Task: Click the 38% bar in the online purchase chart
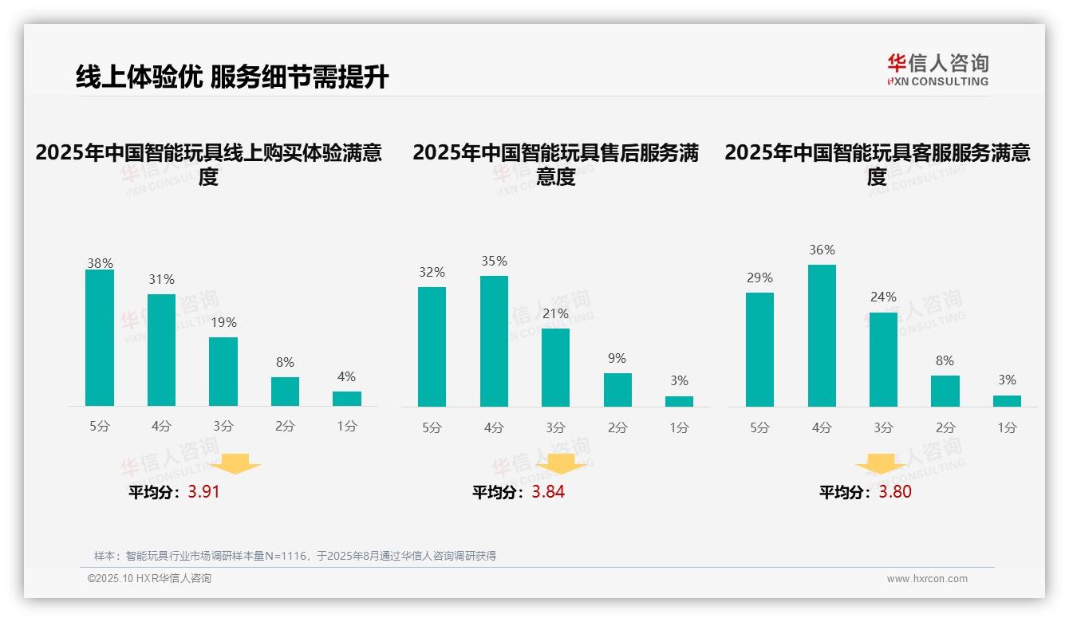[x=100, y=338]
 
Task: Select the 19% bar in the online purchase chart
[x=223, y=372]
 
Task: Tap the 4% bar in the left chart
[x=347, y=399]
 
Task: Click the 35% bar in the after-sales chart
[x=494, y=341]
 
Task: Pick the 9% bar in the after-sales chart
[x=617, y=390]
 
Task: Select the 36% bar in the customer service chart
[x=822, y=336]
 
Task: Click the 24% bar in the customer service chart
[x=883, y=360]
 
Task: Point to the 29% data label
[x=759, y=278]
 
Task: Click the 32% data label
[x=432, y=273]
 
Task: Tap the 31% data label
[x=161, y=280]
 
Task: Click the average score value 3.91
[x=203, y=492]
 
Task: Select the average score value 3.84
[x=548, y=492]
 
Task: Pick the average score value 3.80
[x=895, y=492]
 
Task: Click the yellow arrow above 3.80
[x=881, y=465]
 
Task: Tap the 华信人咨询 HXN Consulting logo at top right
[x=937, y=70]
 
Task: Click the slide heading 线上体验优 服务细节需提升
[x=232, y=77]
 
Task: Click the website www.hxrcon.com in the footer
[x=927, y=579]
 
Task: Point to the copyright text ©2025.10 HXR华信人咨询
[x=149, y=579]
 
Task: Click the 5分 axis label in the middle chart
[x=432, y=428]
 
